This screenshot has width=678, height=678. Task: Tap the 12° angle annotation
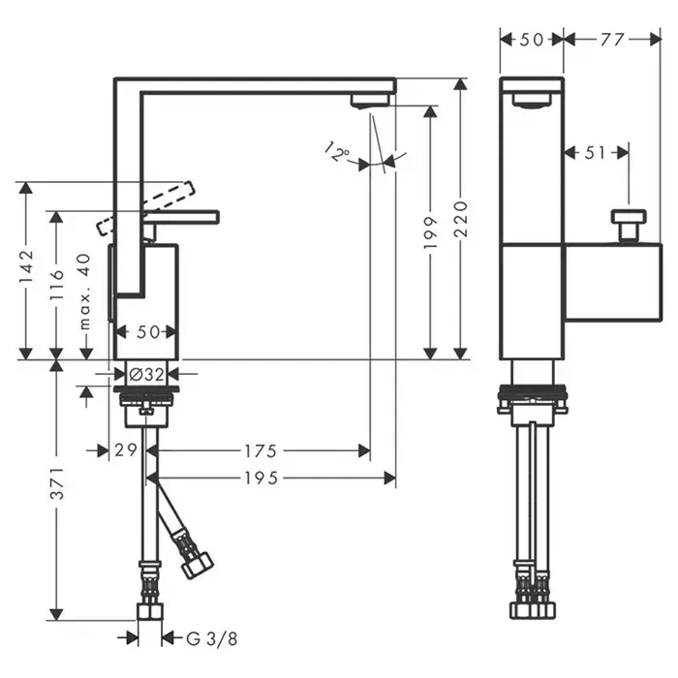tap(336, 152)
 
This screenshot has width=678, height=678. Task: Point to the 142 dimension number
tap(26, 267)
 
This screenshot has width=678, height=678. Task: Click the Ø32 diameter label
tap(146, 374)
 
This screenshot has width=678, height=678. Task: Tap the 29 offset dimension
tap(123, 450)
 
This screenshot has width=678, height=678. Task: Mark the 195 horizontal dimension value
tap(262, 478)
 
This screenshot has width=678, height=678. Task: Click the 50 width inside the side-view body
tap(148, 332)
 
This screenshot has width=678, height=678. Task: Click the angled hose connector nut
tap(196, 563)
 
